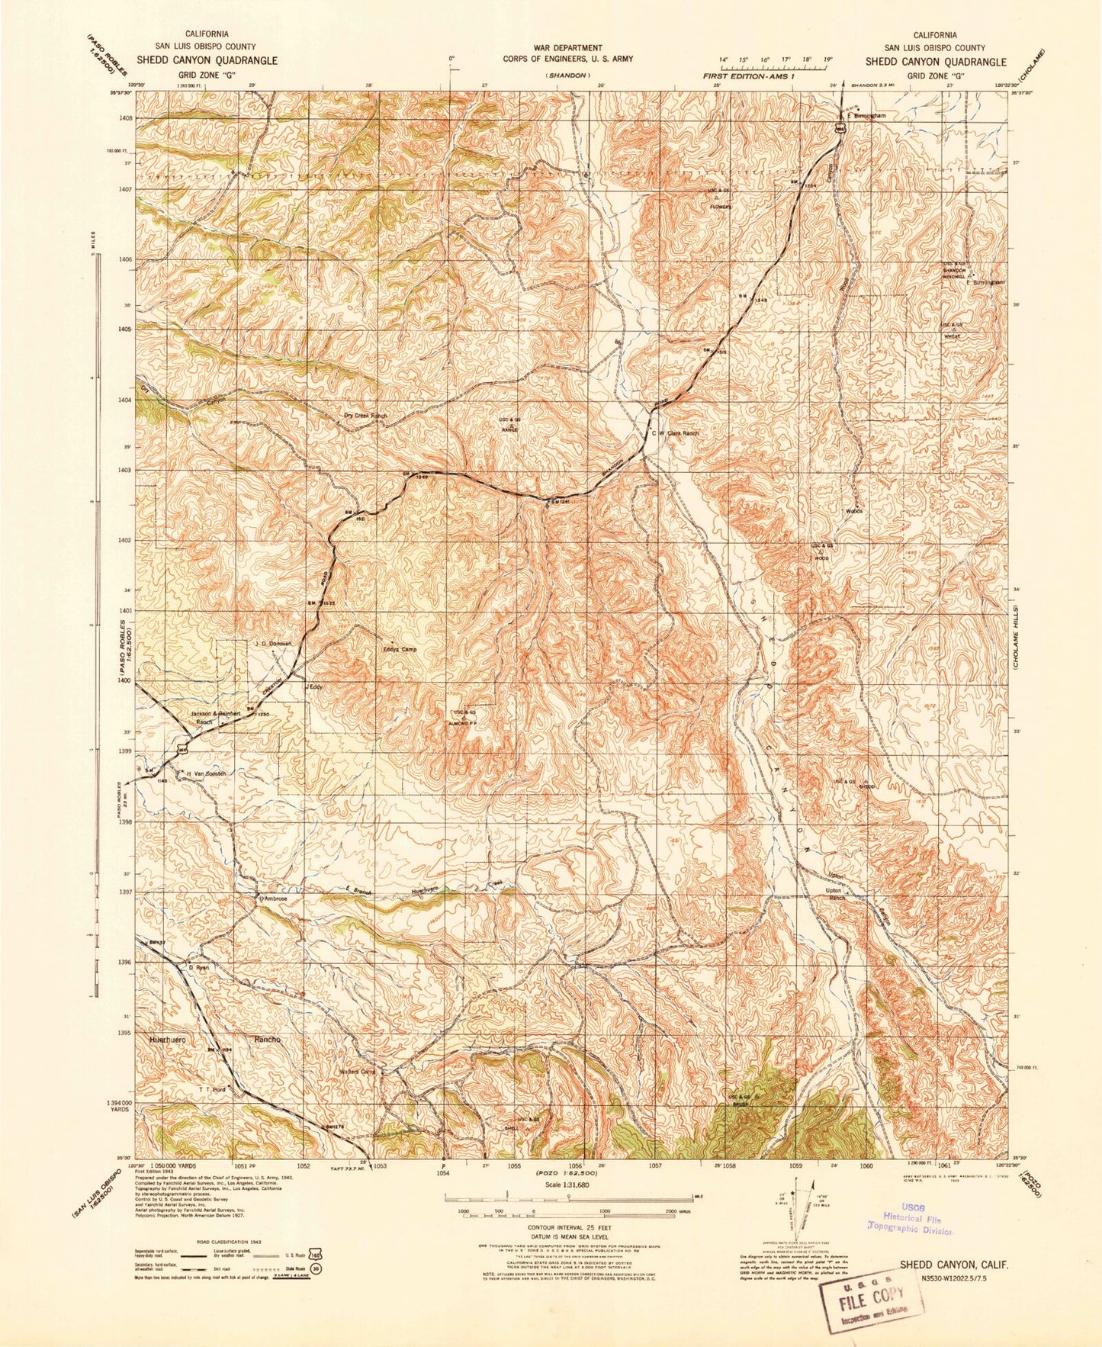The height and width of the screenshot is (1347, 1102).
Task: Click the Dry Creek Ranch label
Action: [365, 416]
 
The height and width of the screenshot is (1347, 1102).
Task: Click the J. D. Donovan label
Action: [272, 643]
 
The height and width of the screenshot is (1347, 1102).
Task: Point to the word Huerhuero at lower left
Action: [169, 1040]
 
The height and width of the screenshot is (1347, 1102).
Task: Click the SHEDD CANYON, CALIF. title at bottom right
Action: [953, 1264]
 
